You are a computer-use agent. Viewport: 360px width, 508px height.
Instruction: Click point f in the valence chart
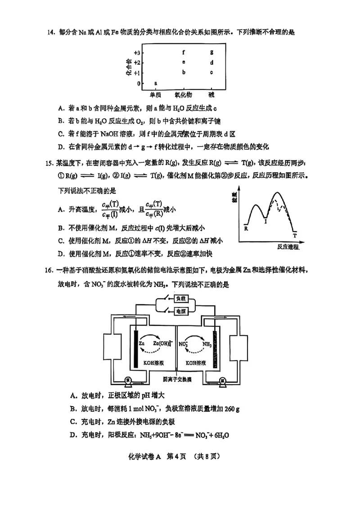(184, 53)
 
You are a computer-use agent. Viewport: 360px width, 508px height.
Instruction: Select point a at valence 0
(156, 83)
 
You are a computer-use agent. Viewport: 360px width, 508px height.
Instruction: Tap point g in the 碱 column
(211, 53)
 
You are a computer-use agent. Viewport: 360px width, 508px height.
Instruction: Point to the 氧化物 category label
(184, 95)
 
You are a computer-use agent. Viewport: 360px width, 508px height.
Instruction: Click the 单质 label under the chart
(156, 95)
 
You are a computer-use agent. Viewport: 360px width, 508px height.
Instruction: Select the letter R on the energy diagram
(246, 228)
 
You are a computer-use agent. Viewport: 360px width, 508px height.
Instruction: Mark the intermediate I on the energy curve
(265, 221)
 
